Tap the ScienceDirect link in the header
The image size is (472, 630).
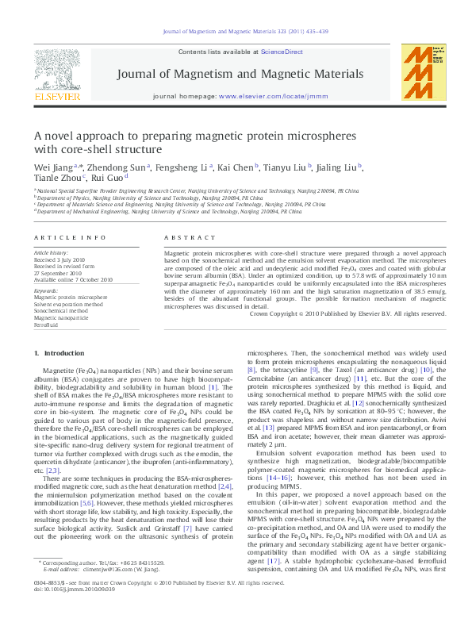point(282,52)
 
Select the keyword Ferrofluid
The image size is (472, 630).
point(47,325)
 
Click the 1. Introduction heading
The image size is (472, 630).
point(54,352)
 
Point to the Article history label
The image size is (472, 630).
point(51,252)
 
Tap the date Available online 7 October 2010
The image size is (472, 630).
point(73,279)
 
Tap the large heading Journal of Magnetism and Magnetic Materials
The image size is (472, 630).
point(240,74)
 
